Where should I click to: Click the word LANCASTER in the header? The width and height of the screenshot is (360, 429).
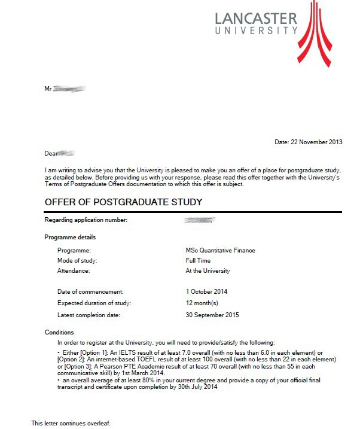[x=255, y=17]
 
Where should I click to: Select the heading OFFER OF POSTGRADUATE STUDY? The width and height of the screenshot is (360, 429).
[x=123, y=202]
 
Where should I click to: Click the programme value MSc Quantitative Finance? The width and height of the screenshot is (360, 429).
[x=220, y=250]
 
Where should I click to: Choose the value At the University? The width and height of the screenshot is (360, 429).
[x=208, y=270]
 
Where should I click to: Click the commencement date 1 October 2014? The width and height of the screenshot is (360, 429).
[x=206, y=291]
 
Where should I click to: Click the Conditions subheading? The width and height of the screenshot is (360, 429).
[x=59, y=332]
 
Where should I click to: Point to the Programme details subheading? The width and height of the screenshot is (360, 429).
[x=70, y=238]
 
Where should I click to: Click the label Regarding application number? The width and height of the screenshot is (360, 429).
[x=86, y=220]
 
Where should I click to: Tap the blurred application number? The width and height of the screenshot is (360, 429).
[x=200, y=221]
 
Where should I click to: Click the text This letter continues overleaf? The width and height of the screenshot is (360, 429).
[x=71, y=423]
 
